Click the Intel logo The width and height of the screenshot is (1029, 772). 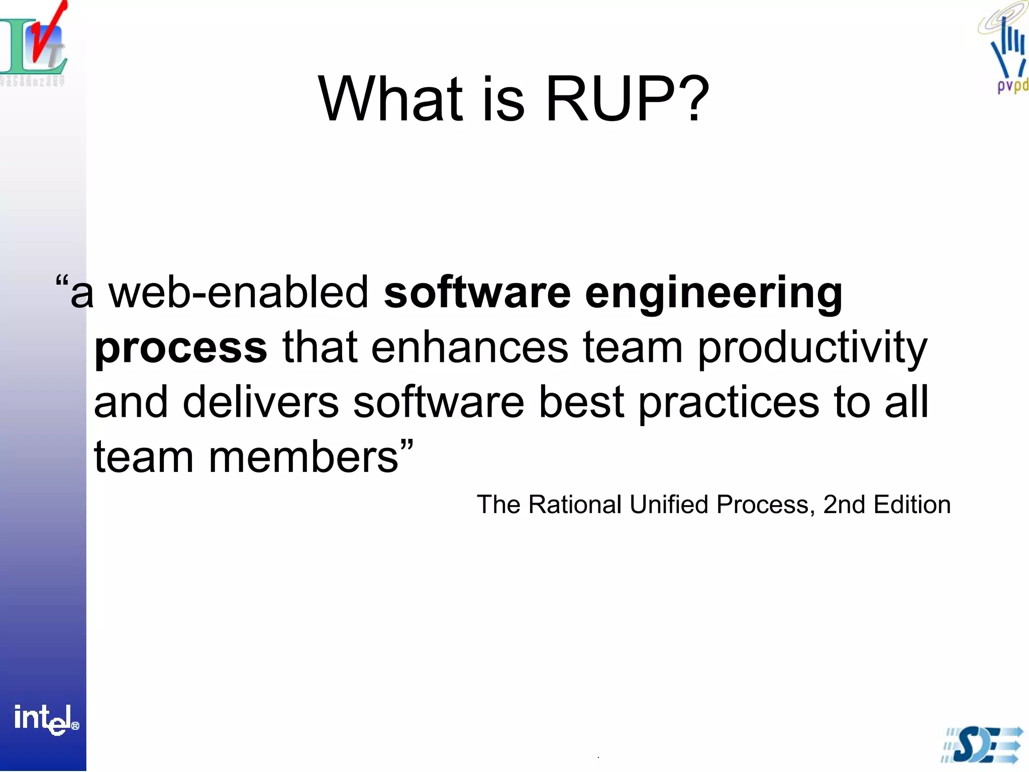click(45, 719)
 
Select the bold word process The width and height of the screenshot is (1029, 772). click(180, 348)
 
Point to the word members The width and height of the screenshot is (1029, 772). click(304, 457)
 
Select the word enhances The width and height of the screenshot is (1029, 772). click(469, 348)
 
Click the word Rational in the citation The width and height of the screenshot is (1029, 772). click(575, 505)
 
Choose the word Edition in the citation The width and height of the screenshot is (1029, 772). click(912, 505)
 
